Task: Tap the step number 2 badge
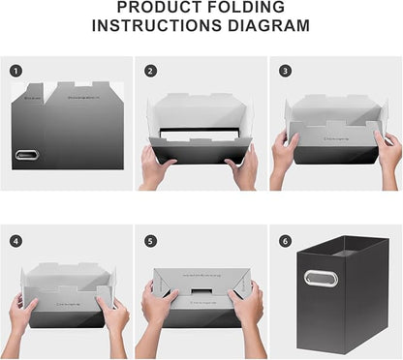151,71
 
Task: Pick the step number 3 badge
285,71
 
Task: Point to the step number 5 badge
151,240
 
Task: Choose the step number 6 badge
285,240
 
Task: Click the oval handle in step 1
25,155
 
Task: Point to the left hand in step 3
285,153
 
